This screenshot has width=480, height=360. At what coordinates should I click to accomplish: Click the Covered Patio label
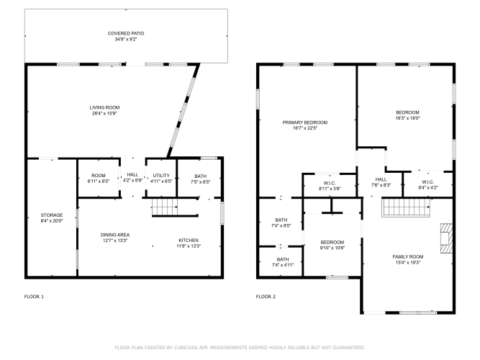(x=126, y=33)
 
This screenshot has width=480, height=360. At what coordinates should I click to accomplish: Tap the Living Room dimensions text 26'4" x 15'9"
(x=104, y=113)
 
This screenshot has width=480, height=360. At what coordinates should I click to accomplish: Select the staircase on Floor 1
(x=165, y=207)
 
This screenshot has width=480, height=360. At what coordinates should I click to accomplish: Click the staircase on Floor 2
(x=406, y=207)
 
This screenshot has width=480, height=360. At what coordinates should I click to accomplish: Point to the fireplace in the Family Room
(x=446, y=238)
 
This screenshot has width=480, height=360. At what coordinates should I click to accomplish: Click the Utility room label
(x=161, y=176)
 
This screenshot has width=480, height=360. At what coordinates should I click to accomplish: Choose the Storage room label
(x=52, y=215)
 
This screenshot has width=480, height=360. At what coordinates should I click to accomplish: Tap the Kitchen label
(x=189, y=240)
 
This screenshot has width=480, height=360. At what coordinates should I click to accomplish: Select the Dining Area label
(x=115, y=235)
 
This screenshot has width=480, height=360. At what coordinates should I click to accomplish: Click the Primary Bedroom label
(x=305, y=122)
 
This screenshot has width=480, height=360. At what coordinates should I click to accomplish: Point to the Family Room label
(x=408, y=257)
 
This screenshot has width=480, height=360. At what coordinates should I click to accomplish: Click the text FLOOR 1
(x=34, y=297)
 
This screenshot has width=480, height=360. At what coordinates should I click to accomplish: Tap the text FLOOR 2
(x=266, y=297)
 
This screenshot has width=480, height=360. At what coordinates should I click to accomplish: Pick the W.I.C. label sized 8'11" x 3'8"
(x=330, y=183)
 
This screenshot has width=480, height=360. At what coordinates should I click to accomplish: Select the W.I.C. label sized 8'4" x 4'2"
(x=428, y=182)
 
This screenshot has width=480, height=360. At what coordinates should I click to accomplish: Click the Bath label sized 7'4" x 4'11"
(x=283, y=259)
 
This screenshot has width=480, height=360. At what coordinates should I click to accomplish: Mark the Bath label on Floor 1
(x=201, y=176)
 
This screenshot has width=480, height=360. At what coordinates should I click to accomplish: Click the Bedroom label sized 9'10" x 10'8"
(x=332, y=242)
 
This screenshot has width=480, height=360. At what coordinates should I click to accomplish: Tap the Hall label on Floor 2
(x=381, y=179)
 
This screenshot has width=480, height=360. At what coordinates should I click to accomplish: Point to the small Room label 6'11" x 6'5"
(x=99, y=176)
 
